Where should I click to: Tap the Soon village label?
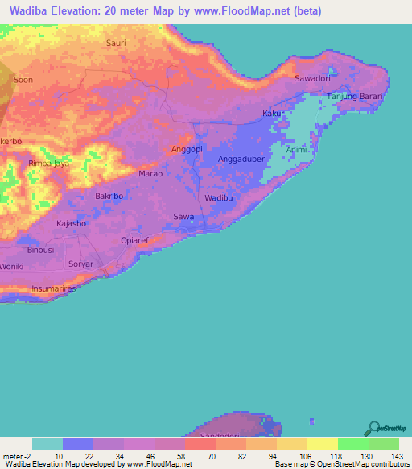(23, 80)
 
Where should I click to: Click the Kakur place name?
(274, 114)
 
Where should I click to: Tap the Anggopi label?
(187, 150)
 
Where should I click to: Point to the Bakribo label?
(109, 196)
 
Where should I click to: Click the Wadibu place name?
(218, 197)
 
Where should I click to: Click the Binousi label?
(40, 250)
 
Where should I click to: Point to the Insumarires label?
(53, 288)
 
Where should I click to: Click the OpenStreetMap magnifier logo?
(373, 427)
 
